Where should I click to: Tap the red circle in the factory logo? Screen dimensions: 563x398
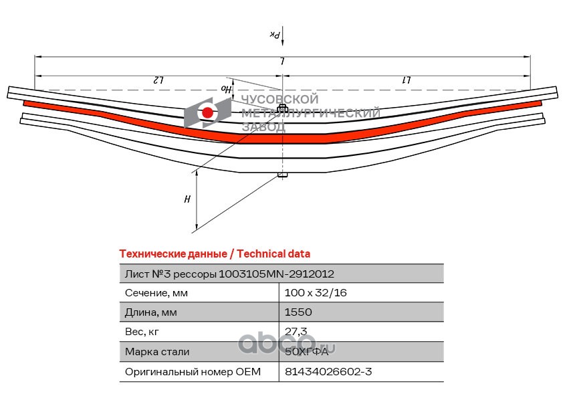click(207, 113)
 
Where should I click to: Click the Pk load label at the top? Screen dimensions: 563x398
click(275, 35)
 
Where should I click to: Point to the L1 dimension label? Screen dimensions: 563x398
click(407, 80)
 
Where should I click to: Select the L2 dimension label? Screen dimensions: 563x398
click(158, 80)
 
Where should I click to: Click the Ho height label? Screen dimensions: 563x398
click(225, 89)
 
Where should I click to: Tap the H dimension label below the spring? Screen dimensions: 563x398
click(187, 199)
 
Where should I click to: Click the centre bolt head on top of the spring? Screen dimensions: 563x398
click(282, 108)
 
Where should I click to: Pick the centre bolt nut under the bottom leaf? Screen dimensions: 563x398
click(282, 175)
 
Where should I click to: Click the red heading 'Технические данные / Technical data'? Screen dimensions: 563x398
click(215, 254)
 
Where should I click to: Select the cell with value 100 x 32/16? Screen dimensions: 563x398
click(316, 293)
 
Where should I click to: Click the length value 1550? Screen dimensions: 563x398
click(298, 312)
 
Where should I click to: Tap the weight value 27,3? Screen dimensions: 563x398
click(296, 331)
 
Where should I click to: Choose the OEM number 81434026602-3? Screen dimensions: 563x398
click(328, 371)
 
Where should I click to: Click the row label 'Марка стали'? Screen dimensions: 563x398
click(157, 352)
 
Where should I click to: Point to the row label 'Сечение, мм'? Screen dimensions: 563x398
click(156, 293)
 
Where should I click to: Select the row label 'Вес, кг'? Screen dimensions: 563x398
click(142, 332)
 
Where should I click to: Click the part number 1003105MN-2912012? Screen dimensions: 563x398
click(276, 274)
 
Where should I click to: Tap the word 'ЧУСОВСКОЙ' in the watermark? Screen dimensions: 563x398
click(279, 99)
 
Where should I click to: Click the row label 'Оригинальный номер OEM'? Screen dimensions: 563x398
click(193, 372)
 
